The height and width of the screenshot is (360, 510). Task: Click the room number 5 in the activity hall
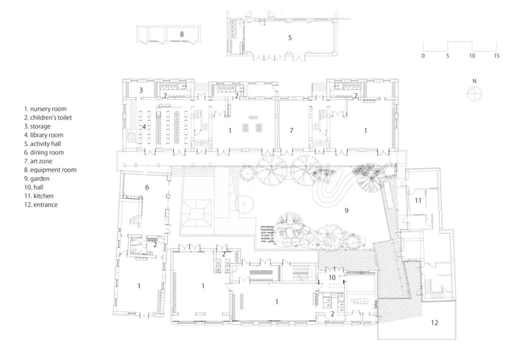290,38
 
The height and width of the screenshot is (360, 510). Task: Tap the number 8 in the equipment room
182,34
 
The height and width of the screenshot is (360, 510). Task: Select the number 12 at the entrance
434,323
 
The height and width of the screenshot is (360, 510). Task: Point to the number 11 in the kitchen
418,201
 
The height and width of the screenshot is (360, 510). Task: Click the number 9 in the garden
347,210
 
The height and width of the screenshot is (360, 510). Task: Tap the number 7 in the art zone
291,131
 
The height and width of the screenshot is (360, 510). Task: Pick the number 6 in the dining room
147,187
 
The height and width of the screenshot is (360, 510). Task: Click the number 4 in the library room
144,127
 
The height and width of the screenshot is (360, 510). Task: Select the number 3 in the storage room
141,90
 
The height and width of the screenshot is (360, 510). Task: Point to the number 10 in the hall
332,277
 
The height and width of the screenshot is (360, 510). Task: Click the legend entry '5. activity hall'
42,143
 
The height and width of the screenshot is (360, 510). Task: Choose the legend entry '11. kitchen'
39,196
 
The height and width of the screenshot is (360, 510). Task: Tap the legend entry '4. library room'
44,135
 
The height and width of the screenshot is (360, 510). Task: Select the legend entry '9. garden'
37,179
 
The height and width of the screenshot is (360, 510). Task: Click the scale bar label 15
496,56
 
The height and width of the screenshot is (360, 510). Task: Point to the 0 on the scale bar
423,56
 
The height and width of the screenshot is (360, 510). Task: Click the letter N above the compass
474,81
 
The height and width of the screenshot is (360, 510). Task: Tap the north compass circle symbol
474,94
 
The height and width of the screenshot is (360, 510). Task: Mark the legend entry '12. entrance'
41,205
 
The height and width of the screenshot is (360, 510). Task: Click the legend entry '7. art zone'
38,161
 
